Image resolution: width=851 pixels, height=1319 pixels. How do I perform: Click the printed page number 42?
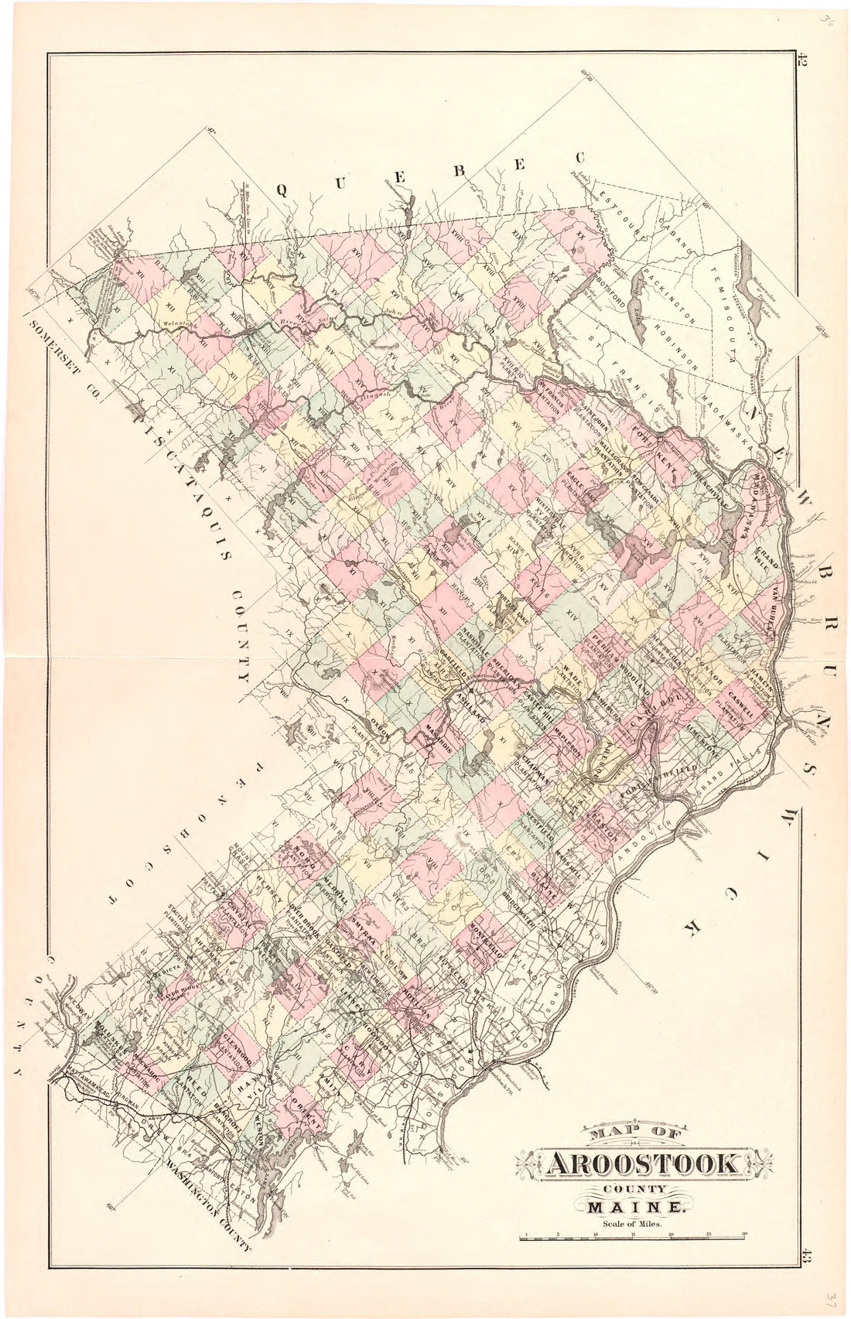coord(805,62)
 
